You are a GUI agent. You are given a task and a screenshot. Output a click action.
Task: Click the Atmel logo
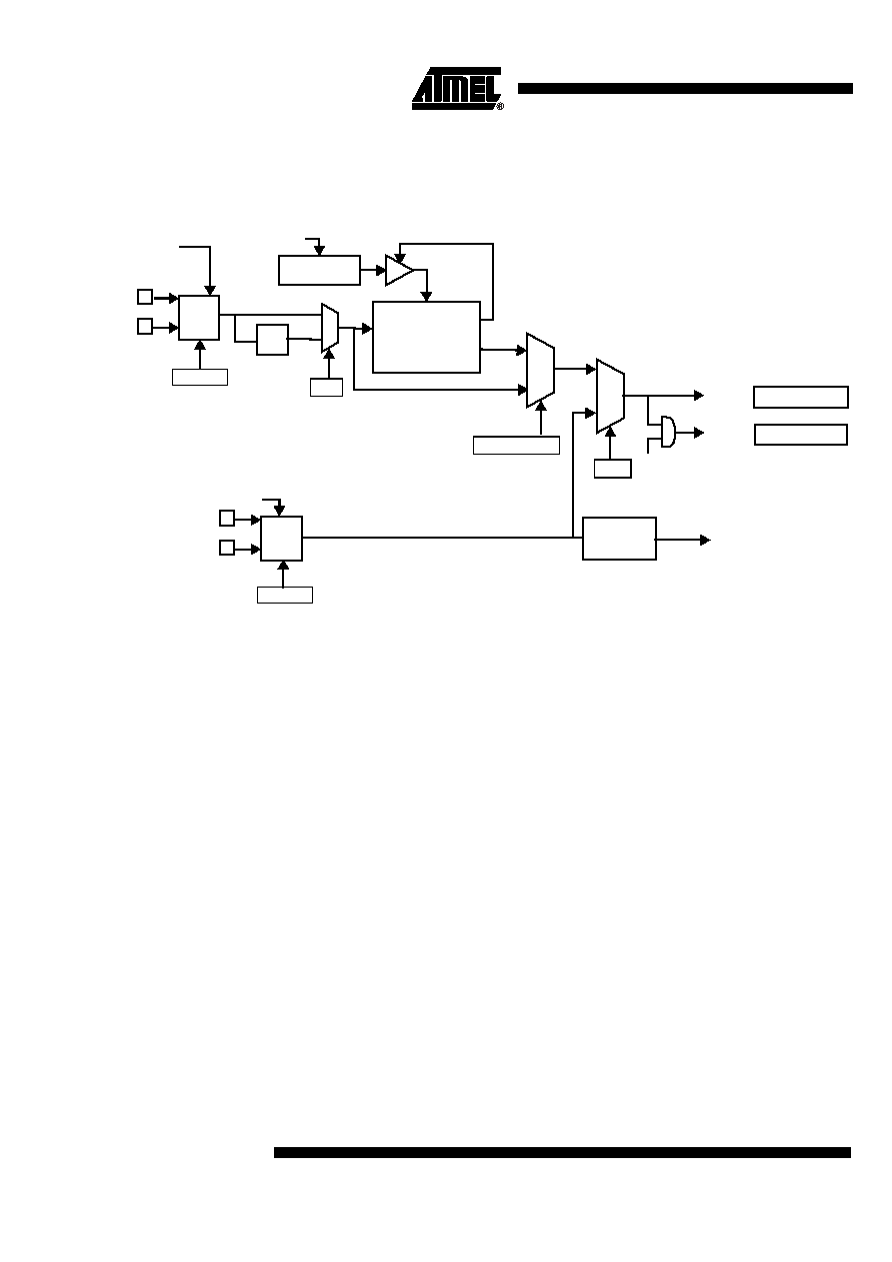[x=456, y=89]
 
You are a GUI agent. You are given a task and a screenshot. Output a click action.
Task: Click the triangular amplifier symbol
[x=399, y=270]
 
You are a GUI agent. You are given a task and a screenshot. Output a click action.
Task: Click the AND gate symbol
[x=668, y=432]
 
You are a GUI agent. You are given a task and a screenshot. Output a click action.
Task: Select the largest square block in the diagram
[x=426, y=337]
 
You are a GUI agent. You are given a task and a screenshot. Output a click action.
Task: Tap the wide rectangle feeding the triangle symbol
[x=319, y=270]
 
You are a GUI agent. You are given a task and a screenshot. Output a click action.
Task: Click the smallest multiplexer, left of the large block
[x=330, y=328]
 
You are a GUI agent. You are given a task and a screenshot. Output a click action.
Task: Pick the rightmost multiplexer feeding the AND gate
[x=610, y=396]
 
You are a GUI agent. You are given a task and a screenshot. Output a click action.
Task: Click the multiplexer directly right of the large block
[x=540, y=370]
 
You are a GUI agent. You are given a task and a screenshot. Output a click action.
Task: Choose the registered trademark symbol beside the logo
[x=500, y=106]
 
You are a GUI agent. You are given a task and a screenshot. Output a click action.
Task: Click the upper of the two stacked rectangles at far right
[x=801, y=397]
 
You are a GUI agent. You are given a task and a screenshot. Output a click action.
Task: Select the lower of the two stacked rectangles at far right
[x=801, y=435]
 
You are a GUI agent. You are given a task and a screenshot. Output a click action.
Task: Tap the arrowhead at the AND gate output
[x=699, y=433]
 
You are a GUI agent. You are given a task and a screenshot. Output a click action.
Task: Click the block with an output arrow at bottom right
[x=619, y=538]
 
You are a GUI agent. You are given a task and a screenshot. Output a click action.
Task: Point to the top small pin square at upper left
[x=145, y=297]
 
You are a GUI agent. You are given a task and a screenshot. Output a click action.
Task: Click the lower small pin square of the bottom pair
[x=227, y=547]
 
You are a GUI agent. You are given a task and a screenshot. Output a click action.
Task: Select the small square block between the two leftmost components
[x=272, y=339]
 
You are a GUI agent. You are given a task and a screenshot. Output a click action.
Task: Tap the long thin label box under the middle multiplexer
[x=516, y=445]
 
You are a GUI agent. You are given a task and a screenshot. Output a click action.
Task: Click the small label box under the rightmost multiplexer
[x=612, y=469]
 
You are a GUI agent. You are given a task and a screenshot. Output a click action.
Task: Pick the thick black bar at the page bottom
[x=562, y=1152]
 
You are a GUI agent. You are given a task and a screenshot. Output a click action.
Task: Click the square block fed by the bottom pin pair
[x=281, y=538]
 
